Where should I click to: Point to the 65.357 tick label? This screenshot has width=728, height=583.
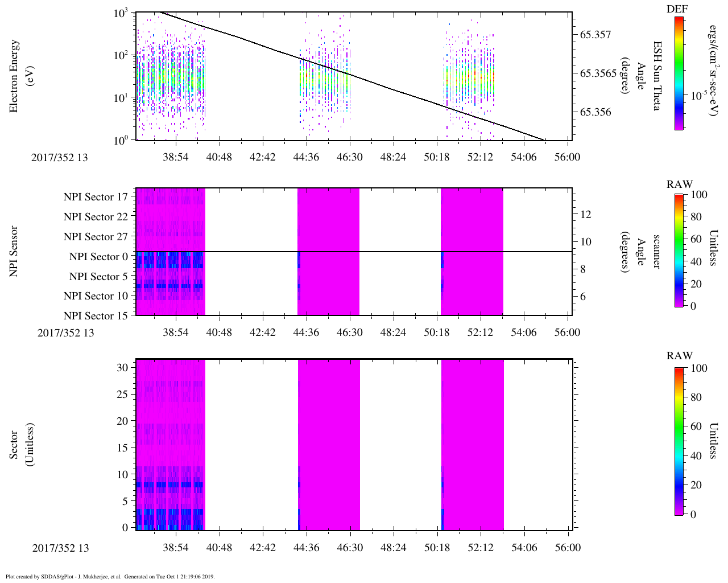point(595,35)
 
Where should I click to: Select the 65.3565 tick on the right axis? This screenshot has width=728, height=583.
point(599,73)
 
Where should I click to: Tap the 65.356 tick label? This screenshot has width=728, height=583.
point(595,112)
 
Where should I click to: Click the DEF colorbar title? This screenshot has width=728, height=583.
point(677,9)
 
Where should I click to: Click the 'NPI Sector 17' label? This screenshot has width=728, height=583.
point(96,197)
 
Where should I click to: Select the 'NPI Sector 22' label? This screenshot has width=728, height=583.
point(96,217)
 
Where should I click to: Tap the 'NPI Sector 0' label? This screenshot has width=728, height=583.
point(98,257)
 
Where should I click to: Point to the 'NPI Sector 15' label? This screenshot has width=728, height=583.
point(96,316)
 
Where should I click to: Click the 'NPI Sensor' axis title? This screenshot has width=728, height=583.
point(14,252)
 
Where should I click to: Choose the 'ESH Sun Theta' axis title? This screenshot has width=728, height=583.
point(657,76)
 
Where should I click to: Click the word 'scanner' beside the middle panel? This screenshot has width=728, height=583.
point(657,252)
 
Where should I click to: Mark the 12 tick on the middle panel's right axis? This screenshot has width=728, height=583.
point(585,215)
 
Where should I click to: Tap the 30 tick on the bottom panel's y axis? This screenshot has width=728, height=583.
point(123,368)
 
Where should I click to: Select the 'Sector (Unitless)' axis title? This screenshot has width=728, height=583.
point(22,445)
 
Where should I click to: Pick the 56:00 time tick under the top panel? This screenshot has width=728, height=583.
point(567,157)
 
